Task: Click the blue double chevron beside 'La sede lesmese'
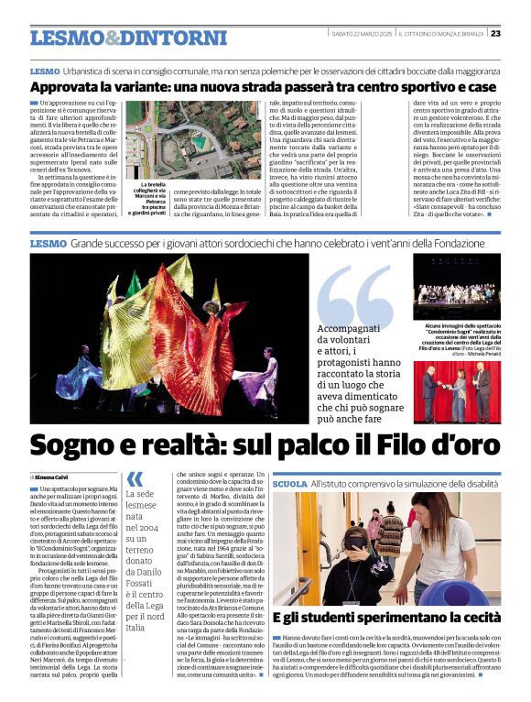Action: point(135,477)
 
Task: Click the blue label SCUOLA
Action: point(289,483)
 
